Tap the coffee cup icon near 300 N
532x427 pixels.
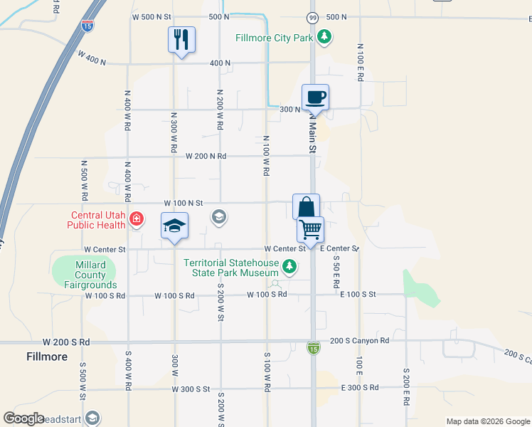315,97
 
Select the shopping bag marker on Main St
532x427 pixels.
306,207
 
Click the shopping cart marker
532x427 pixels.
310,230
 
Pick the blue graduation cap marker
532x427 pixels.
174,226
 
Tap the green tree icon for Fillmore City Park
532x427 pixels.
324,36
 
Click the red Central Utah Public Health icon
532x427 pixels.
136,221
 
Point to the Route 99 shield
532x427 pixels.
313,16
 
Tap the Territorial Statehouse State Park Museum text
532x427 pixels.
230,268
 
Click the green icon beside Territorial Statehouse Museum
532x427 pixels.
289,268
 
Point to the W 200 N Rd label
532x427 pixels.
206,156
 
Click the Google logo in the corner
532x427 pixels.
23,418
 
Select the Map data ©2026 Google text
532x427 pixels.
487,421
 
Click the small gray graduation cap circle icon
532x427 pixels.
219,216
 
